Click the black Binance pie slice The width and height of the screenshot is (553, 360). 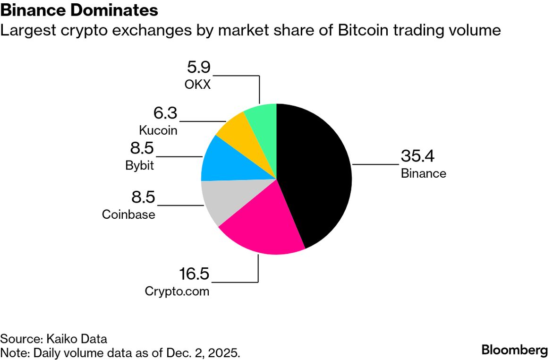(316, 175)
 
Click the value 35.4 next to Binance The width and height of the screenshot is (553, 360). (417, 156)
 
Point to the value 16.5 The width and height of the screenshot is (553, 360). (194, 274)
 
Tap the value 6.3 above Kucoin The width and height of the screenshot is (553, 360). (165, 113)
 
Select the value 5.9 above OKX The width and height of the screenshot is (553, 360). (198, 68)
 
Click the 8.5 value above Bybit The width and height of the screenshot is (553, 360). (142, 149)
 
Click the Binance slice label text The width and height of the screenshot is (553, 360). (423, 173)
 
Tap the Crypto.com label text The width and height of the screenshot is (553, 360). (177, 291)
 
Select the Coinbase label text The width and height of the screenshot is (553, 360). (128, 214)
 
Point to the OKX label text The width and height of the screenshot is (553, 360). (197, 85)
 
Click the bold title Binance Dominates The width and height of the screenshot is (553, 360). (79, 10)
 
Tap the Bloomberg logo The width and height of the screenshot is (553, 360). (514, 350)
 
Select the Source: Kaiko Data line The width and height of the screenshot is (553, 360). (54, 339)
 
